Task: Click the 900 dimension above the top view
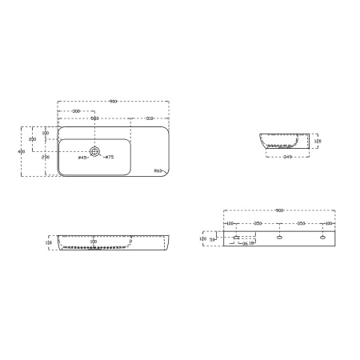click(114, 102)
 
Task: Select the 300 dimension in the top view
click(75, 110)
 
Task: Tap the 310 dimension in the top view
click(150, 118)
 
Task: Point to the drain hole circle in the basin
click(95, 150)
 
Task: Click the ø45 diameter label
click(82, 158)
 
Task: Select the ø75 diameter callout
click(110, 158)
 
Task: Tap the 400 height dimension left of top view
click(22, 151)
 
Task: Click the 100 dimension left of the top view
click(46, 133)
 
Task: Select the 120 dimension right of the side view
click(317, 141)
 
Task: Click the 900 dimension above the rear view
click(279, 211)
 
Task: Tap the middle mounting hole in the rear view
click(279, 238)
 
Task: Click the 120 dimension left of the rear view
click(203, 238)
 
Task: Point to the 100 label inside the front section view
click(93, 240)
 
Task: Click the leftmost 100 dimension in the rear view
click(230, 223)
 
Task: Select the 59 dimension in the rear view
click(214, 238)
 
